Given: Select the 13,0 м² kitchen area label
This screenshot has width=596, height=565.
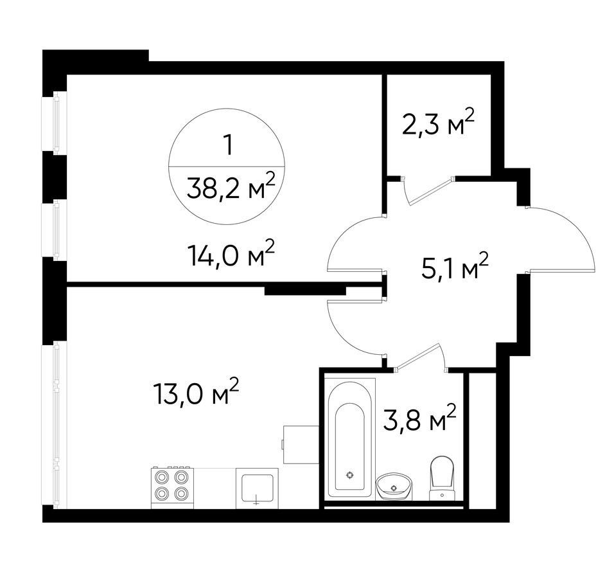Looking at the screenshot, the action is pyautogui.click(x=195, y=392).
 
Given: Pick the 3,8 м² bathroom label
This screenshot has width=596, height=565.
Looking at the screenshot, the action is pyautogui.click(x=419, y=417).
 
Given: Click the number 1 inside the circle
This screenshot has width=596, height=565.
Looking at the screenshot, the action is pyautogui.click(x=228, y=145).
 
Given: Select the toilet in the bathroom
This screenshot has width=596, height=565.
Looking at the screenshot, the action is pyautogui.click(x=442, y=478).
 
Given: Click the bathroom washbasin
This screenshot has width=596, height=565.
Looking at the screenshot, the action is pyautogui.click(x=394, y=487).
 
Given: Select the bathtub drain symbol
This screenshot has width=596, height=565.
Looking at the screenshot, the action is pyautogui.click(x=349, y=474).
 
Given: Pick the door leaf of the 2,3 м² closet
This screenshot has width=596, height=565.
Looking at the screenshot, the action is pyautogui.click(x=430, y=192).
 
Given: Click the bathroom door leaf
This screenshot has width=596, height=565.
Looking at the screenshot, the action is pyautogui.click(x=417, y=355).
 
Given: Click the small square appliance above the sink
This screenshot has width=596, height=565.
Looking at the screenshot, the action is pyautogui.click(x=301, y=444).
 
